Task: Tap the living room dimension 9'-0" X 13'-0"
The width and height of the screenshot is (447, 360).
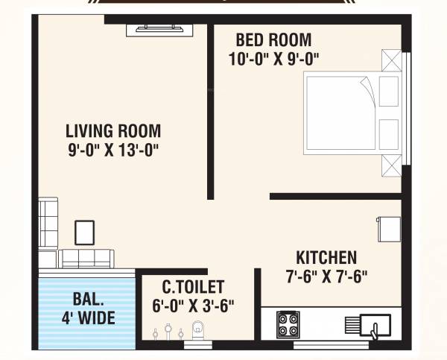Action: tap(112, 149)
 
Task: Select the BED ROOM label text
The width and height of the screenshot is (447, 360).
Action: tap(273, 40)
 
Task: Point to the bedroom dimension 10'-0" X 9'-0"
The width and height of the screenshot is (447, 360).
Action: tap(274, 58)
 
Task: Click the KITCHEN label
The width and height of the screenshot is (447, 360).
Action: tap(326, 258)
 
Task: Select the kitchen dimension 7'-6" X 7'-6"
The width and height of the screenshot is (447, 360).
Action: tap(326, 276)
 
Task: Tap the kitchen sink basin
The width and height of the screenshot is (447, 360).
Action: tap(375, 326)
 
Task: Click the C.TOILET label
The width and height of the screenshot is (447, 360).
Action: tap(193, 287)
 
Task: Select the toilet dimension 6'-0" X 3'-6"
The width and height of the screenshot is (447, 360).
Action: tap(193, 304)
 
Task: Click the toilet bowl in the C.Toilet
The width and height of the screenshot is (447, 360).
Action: tap(197, 328)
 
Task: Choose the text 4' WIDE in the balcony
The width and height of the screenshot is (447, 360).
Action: tap(87, 319)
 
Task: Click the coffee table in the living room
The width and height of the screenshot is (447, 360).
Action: tap(84, 232)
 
